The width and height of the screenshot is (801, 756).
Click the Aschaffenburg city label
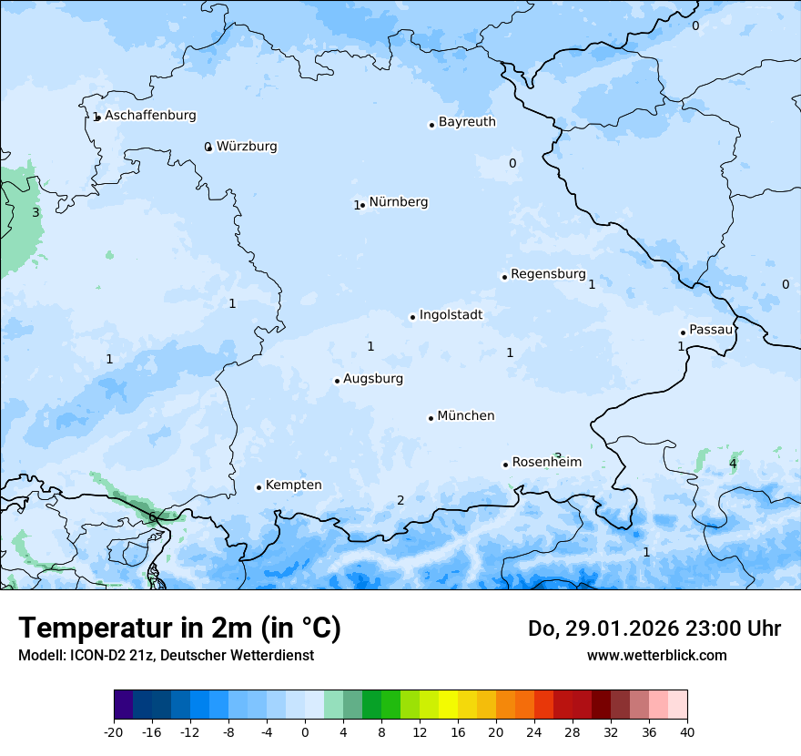click(x=150, y=116)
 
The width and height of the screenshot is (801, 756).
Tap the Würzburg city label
click(x=247, y=147)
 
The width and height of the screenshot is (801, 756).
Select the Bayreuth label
click(x=467, y=122)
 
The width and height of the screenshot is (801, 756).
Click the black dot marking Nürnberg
click(x=363, y=205)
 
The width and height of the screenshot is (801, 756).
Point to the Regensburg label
click(x=548, y=274)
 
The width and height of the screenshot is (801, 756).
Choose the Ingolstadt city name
click(x=451, y=315)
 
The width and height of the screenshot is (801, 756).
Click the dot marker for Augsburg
click(x=337, y=381)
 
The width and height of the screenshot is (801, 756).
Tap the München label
click(x=466, y=416)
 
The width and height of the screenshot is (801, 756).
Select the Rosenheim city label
click(x=546, y=463)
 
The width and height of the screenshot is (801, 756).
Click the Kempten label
click(x=293, y=485)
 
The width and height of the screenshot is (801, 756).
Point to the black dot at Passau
click(x=683, y=332)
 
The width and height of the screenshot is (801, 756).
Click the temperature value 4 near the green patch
click(x=733, y=465)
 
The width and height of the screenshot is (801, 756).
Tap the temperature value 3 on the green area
click(x=35, y=212)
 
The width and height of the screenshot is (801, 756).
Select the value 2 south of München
click(x=400, y=500)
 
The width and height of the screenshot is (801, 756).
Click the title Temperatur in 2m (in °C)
click(x=180, y=628)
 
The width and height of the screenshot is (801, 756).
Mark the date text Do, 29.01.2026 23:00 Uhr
click(x=654, y=628)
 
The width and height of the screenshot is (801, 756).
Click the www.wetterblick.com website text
click(x=656, y=655)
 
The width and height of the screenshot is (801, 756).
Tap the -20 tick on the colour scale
click(x=114, y=731)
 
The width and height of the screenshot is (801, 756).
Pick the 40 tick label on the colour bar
click(x=687, y=731)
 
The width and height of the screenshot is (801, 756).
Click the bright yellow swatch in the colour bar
click(x=448, y=705)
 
